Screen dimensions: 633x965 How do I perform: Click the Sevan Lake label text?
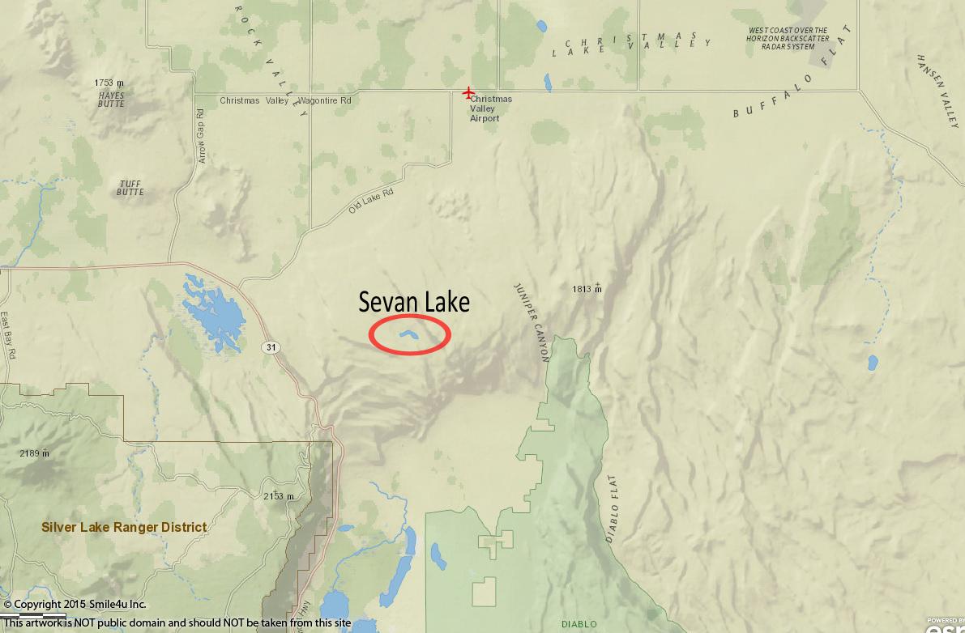click(x=414, y=302)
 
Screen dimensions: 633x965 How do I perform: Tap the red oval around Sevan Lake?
click(x=409, y=334)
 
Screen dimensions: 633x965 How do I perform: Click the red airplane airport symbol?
click(x=468, y=93)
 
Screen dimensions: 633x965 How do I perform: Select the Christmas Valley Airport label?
click(x=490, y=108)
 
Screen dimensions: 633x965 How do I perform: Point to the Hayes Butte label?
click(x=111, y=99)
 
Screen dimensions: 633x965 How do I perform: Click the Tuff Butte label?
click(x=130, y=188)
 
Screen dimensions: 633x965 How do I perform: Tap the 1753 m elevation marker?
click(x=109, y=83)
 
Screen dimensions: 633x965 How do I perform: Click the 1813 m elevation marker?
click(x=587, y=288)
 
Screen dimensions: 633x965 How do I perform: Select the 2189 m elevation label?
click(x=34, y=453)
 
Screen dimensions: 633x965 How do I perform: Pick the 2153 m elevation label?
click(x=278, y=496)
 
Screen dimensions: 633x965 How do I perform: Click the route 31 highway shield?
click(x=270, y=347)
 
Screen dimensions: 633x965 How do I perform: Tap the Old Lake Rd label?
click(x=370, y=201)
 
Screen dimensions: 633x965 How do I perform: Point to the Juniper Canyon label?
click(x=531, y=321)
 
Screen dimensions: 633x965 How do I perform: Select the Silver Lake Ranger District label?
click(x=124, y=527)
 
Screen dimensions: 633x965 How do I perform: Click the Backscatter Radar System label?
click(x=788, y=39)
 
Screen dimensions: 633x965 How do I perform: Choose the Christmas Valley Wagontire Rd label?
click(x=285, y=100)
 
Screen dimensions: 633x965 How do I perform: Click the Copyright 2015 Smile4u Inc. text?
click(x=75, y=604)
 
